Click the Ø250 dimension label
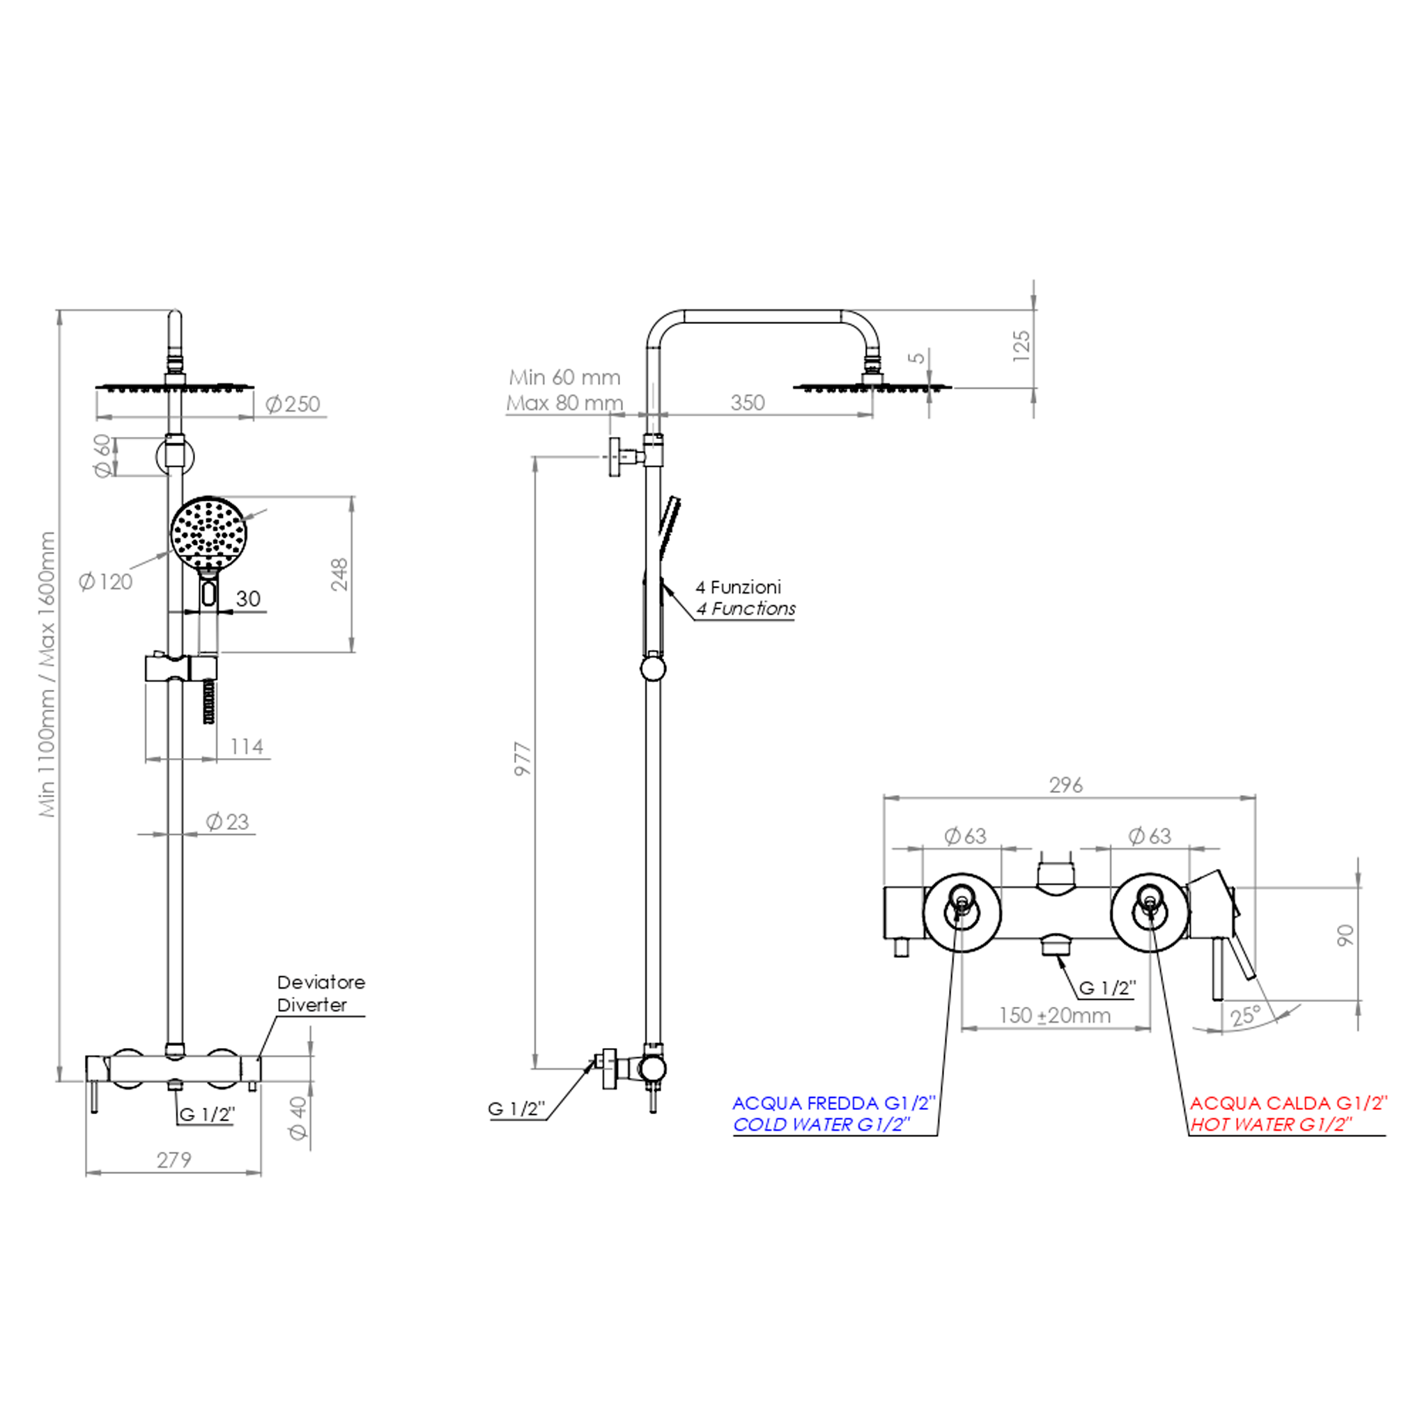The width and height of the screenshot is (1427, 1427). pyautogui.click(x=293, y=404)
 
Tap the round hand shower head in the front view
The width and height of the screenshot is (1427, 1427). pyautogui.click(x=208, y=533)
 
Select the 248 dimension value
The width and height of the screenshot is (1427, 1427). pyautogui.click(x=339, y=574)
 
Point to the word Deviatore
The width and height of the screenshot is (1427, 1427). pyautogui.click(x=321, y=982)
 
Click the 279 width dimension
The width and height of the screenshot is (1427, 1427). pyautogui.click(x=173, y=1160)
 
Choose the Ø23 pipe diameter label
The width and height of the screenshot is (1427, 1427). pyautogui.click(x=227, y=822)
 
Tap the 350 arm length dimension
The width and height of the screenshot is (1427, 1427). pyautogui.click(x=748, y=403)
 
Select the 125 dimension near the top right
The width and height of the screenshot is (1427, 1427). pyautogui.click(x=1021, y=346)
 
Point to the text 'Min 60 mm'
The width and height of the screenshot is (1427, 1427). pyautogui.click(x=564, y=378)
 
